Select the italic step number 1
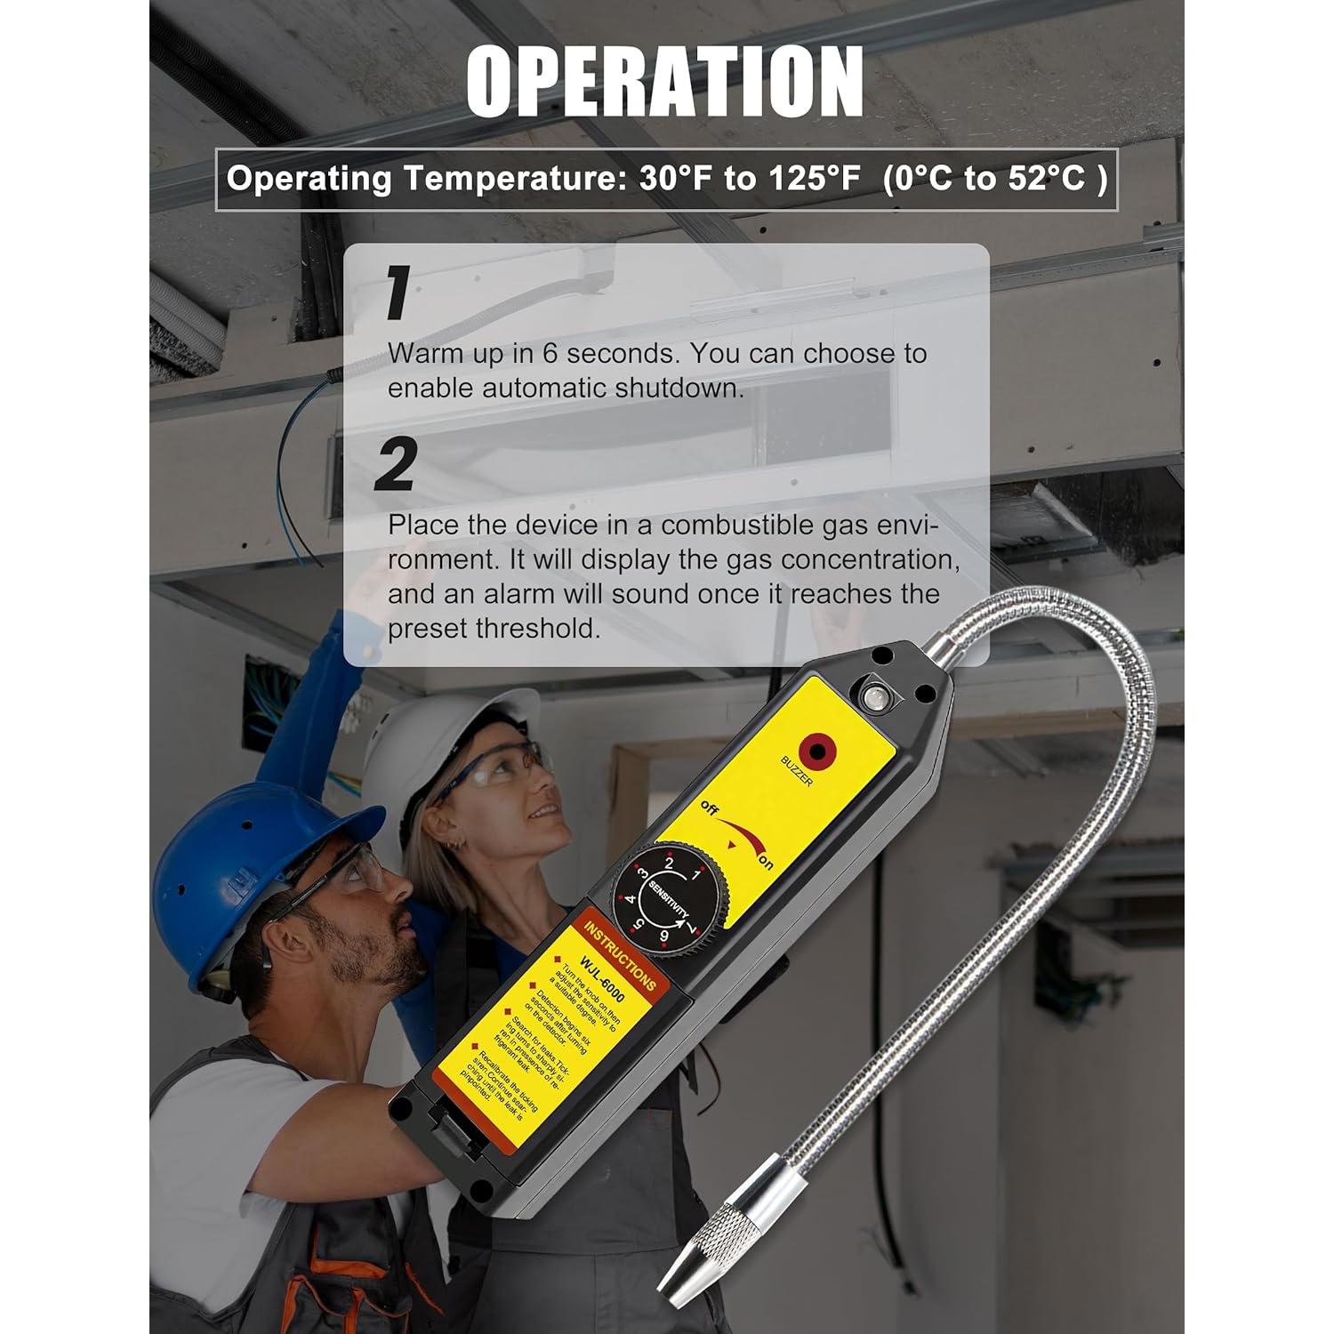point(397,293)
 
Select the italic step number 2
point(396,464)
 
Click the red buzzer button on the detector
point(818,749)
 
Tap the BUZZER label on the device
point(796,771)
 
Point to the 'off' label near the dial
point(709,808)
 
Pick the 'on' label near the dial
point(765,863)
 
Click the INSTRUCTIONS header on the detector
point(620,954)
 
